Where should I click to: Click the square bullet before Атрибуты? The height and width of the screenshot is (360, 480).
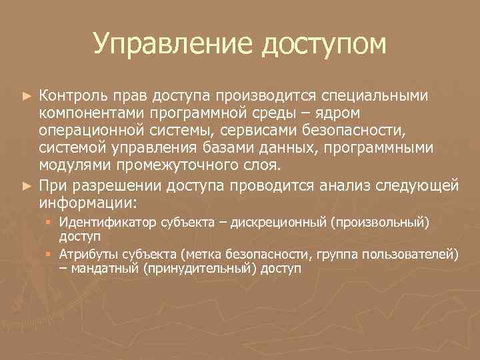49,254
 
